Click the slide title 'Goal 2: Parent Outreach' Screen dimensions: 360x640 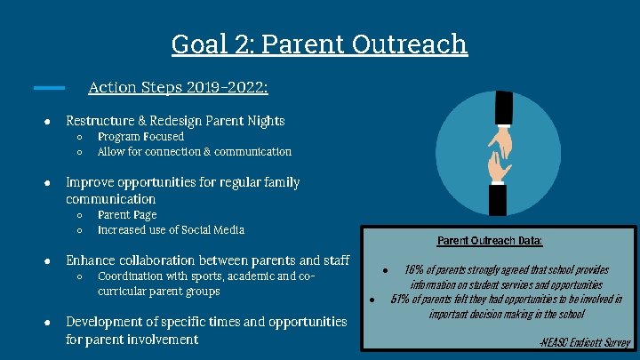tap(319, 43)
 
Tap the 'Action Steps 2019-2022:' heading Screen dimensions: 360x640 tap(178, 87)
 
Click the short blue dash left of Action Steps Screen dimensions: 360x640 tap(49, 87)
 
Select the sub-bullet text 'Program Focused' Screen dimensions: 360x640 tap(140, 137)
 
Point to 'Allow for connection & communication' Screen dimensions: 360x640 tap(194, 152)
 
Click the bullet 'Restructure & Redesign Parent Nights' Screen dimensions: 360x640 tap(175, 120)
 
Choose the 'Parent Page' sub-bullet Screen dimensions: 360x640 tap(126, 215)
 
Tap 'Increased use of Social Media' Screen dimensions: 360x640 tap(171, 230)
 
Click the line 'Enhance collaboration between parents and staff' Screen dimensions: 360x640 tap(207, 260)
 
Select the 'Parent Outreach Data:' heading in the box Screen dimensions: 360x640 tap(490, 241)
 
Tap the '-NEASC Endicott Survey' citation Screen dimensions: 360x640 tap(584, 342)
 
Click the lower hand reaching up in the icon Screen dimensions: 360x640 tap(499, 165)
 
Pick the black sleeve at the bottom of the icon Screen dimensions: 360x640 tap(498, 199)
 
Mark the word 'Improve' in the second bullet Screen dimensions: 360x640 tap(90, 182)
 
